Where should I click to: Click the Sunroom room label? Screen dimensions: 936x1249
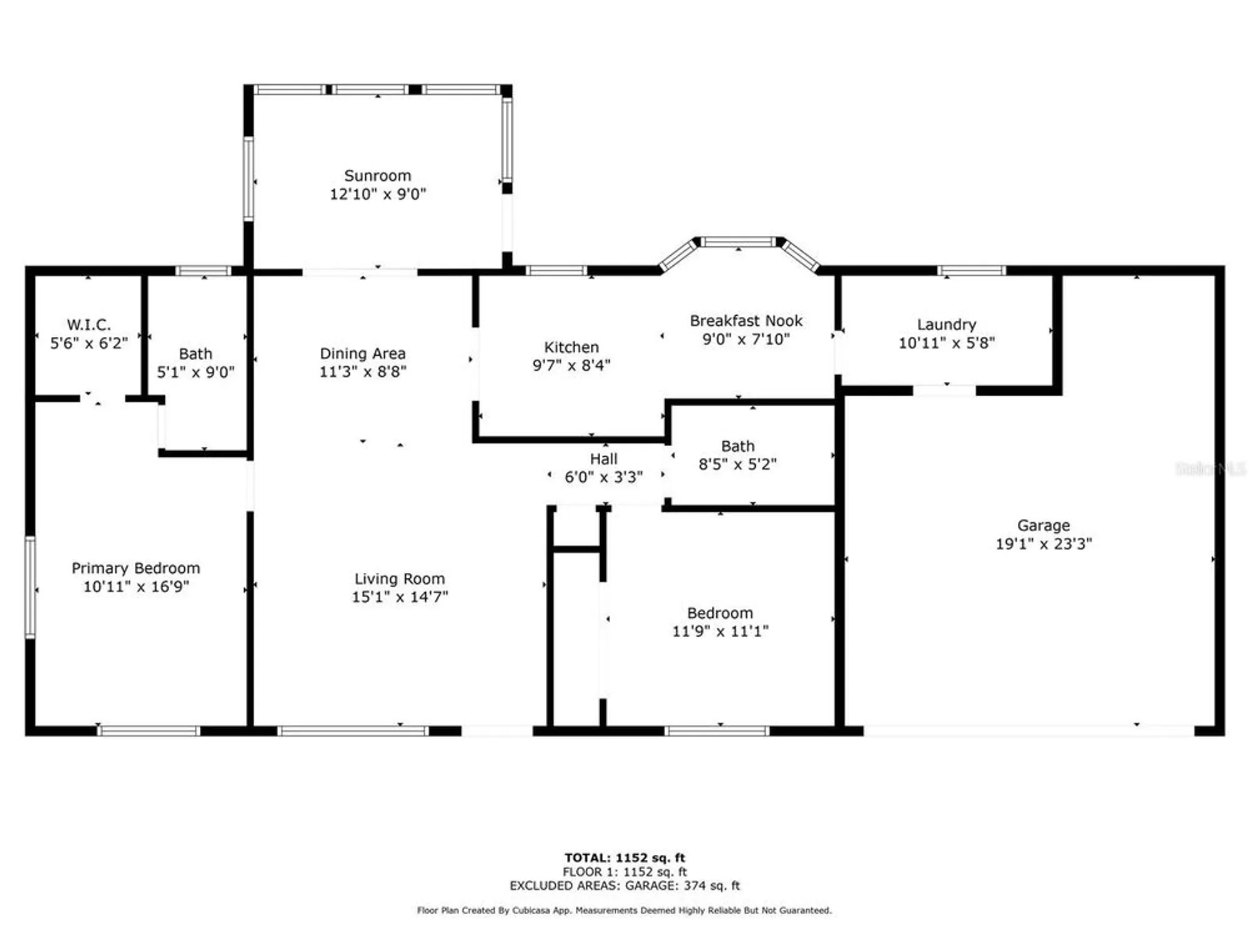(377, 176)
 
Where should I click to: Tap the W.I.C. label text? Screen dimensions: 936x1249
(89, 324)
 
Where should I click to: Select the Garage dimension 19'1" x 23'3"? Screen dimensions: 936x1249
(1044, 544)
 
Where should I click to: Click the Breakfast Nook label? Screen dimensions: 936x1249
(746, 321)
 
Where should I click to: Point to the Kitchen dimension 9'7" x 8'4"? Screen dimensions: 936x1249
(571, 365)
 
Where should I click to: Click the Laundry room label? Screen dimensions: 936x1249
(946, 324)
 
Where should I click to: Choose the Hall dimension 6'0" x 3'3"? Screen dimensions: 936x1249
(603, 477)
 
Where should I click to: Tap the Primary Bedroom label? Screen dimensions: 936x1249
(136, 568)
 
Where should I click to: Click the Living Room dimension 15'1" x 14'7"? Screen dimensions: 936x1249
(400, 597)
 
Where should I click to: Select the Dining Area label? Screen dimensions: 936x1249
(362, 353)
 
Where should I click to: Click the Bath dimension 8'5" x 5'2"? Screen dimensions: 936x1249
(737, 464)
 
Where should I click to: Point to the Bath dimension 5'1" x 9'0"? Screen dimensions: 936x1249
(195, 373)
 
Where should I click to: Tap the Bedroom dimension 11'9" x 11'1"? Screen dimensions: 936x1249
(720, 631)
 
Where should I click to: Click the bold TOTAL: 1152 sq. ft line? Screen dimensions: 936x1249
(624, 857)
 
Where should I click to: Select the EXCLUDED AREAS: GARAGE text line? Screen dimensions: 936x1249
(624, 885)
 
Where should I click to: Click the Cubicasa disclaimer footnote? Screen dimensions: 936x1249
(624, 910)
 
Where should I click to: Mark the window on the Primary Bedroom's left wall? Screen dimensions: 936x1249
(30, 587)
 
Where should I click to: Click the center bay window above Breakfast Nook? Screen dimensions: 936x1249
(738, 241)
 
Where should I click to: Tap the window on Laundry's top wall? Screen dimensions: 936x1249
(971, 270)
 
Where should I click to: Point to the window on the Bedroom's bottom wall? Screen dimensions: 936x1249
(717, 731)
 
